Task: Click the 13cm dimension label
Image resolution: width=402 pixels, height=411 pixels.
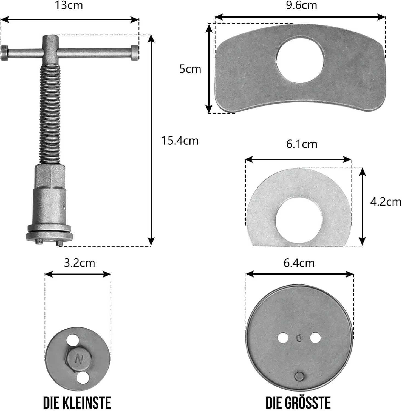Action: [x=69, y=5]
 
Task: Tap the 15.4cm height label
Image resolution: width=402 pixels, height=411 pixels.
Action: [x=180, y=141]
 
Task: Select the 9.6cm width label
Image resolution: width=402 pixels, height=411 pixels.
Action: [x=301, y=5]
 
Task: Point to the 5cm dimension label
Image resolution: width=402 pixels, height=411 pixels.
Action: [x=190, y=69]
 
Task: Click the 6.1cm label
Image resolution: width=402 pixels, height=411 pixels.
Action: [x=302, y=144]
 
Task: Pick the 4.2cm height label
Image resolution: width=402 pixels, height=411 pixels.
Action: [x=386, y=202]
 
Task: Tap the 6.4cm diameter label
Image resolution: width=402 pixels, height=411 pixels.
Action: [x=299, y=263]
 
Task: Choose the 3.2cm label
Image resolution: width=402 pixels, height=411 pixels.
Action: [x=80, y=263]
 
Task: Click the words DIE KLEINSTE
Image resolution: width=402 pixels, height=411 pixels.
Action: [x=77, y=403]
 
